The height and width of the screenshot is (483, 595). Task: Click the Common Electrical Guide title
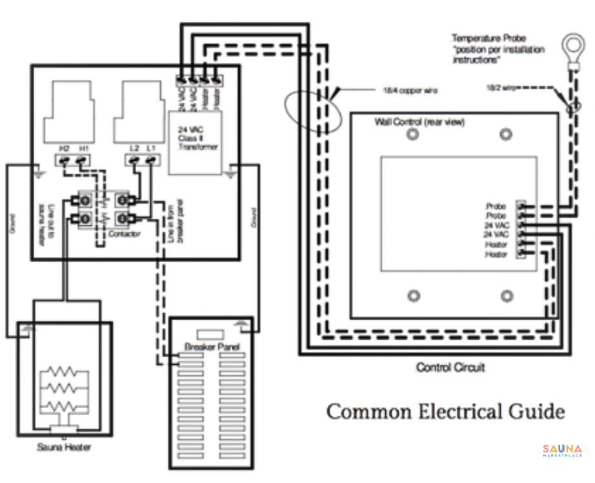445,412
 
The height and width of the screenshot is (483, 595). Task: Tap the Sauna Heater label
64,447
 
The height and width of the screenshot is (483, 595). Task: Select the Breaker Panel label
212,347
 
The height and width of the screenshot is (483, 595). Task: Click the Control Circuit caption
450,367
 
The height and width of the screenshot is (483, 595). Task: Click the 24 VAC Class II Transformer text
197,138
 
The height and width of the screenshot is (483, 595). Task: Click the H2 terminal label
65,149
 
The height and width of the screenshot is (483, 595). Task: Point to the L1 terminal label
151,149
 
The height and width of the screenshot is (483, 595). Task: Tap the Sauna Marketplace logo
561,450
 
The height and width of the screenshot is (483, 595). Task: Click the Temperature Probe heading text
489,39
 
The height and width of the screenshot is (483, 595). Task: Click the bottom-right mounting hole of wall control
507,296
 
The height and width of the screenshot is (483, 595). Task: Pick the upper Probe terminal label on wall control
496,206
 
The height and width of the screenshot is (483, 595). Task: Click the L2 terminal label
134,149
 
